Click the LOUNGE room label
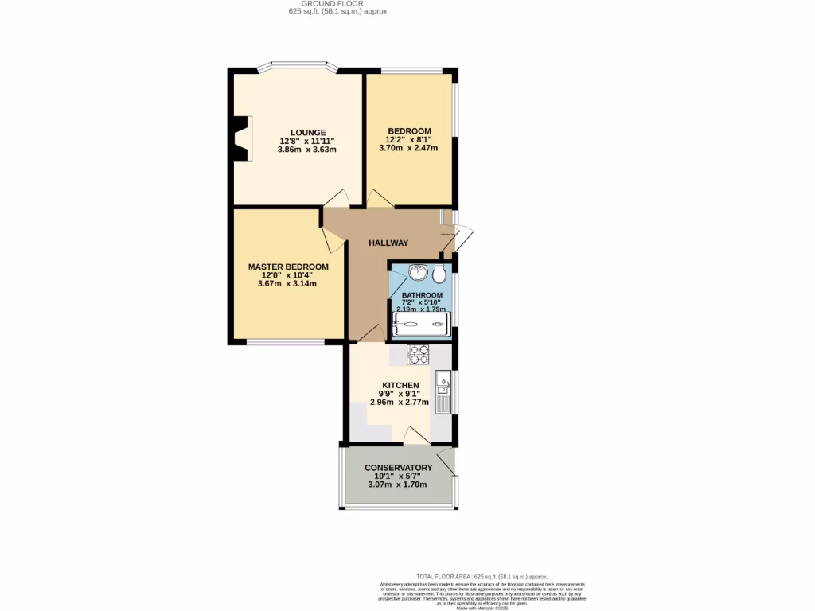point(308,132)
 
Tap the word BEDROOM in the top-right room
point(409,131)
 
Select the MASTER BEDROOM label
point(287,267)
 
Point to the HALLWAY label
point(388,243)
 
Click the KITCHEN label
point(400,385)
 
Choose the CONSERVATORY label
point(398,468)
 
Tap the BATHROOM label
point(422,295)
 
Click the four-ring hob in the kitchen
point(419,355)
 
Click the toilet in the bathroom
point(440,274)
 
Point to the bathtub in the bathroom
point(422,325)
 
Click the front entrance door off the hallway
point(462,235)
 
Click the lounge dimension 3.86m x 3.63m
point(307,150)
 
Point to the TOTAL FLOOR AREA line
point(482,576)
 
